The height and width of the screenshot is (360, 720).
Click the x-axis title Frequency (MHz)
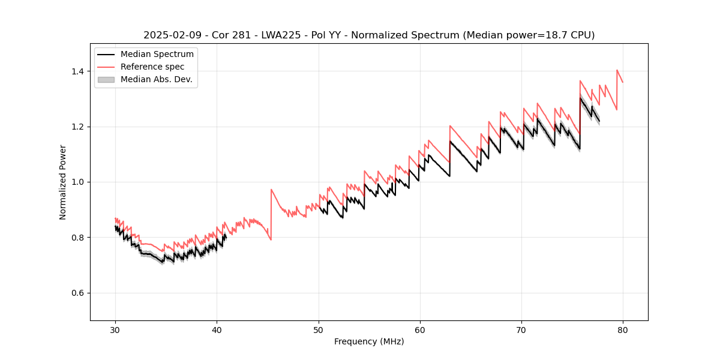369,341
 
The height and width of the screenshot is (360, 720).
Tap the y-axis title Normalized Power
63,182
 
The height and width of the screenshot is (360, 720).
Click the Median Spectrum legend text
157,55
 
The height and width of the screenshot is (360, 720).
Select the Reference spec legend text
152,67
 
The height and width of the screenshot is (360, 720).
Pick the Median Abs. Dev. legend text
156,79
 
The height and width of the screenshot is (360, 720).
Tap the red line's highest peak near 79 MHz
617,70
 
